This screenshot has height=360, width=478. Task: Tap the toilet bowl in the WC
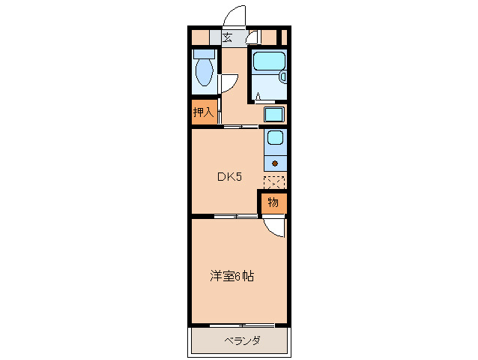click(203, 73)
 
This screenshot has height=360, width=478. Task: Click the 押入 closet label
click(203, 112)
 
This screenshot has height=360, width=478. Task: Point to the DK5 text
click(229, 177)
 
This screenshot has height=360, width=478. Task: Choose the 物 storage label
click(273, 202)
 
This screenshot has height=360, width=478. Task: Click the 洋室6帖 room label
click(232, 276)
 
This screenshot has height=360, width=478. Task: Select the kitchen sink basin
click(275, 139)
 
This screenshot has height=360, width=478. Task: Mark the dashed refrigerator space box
click(274, 181)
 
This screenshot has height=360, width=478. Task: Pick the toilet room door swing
click(229, 84)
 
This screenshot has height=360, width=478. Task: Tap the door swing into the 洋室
click(275, 228)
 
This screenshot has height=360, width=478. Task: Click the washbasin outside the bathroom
click(274, 115)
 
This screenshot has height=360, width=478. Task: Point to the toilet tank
click(203, 54)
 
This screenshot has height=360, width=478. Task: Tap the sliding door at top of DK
click(241, 126)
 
